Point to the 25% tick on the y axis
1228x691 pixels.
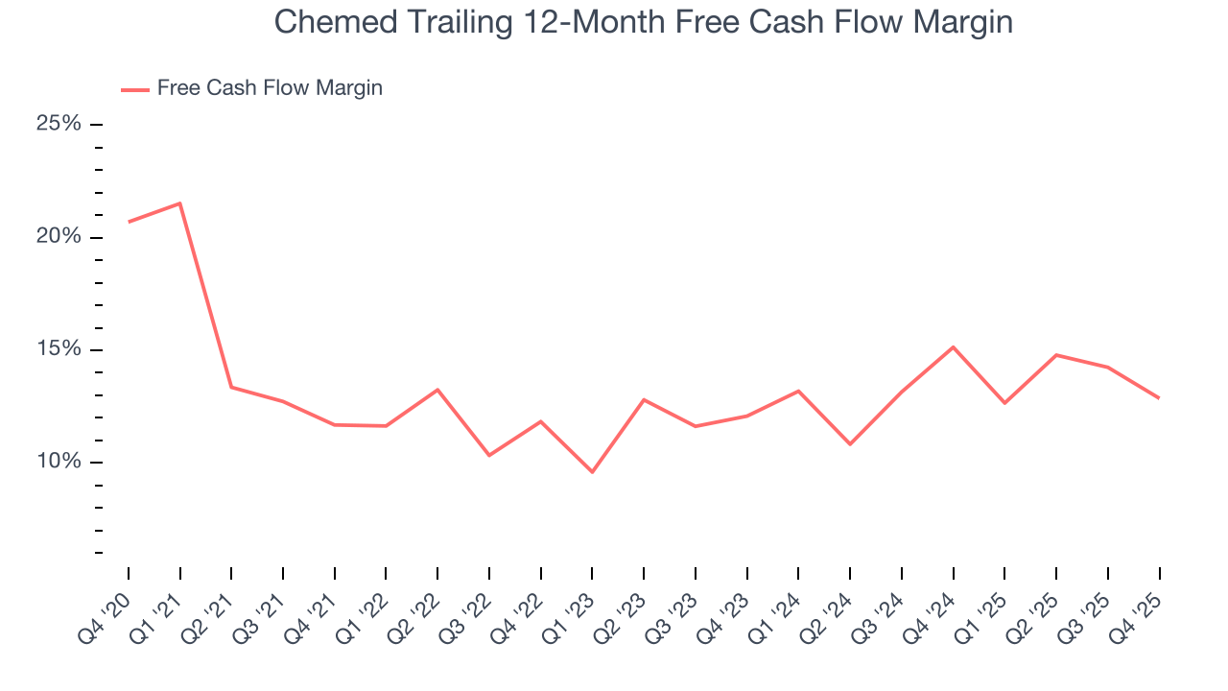(x=59, y=125)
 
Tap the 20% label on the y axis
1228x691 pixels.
(x=59, y=237)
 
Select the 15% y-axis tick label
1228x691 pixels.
(x=59, y=349)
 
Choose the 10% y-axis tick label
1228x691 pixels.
(x=59, y=462)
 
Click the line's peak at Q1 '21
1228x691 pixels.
(x=180, y=203)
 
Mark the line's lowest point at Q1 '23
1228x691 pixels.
(x=592, y=472)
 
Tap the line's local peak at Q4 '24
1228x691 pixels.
(x=953, y=346)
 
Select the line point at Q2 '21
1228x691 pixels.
(x=231, y=387)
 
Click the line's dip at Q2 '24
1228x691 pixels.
(x=850, y=444)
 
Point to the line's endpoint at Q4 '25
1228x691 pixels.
(x=1159, y=398)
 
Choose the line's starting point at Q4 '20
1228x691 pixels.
(x=129, y=222)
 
